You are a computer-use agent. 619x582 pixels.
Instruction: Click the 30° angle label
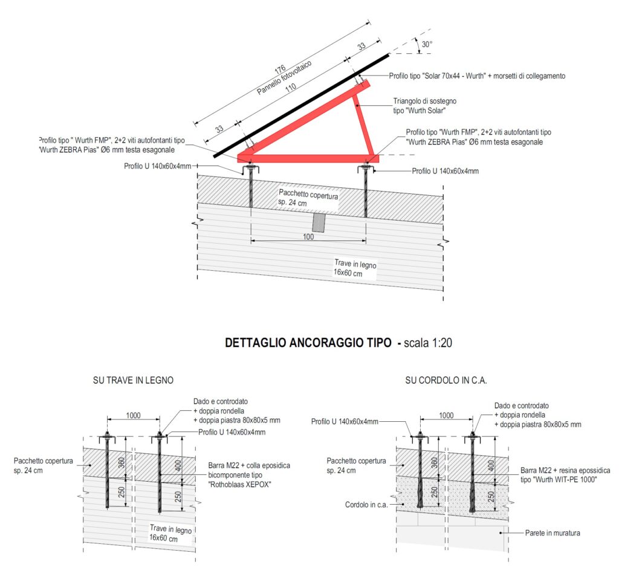[x=427, y=44]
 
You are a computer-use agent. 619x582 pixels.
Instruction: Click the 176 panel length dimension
[x=280, y=70]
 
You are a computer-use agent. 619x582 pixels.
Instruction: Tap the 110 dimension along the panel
[x=291, y=87]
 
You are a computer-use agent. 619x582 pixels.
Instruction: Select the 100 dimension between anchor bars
[x=308, y=236]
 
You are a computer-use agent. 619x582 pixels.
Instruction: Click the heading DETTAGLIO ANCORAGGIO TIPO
[x=308, y=343]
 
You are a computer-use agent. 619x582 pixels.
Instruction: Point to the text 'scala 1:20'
[x=427, y=343]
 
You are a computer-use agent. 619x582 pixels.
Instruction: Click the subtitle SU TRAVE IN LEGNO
[x=133, y=380]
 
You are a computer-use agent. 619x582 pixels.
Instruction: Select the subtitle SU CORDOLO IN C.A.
[x=446, y=380]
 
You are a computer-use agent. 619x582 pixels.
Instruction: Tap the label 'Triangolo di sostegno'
[x=425, y=101]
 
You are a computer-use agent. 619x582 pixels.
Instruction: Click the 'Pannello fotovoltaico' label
[x=284, y=78]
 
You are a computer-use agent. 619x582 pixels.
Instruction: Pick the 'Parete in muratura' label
[x=553, y=533]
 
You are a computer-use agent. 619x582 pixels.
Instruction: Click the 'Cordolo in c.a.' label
[x=366, y=505]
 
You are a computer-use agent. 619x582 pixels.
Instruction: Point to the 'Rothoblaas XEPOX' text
[x=239, y=485]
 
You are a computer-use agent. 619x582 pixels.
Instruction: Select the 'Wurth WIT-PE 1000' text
[x=558, y=480]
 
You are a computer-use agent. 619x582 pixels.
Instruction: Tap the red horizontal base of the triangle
[x=308, y=158]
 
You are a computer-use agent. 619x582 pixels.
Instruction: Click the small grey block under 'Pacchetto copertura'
[x=318, y=223]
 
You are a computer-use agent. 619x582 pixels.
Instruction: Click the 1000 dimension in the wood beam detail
[x=133, y=415]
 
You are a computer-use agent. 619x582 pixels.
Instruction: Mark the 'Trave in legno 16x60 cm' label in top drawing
[x=354, y=268]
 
